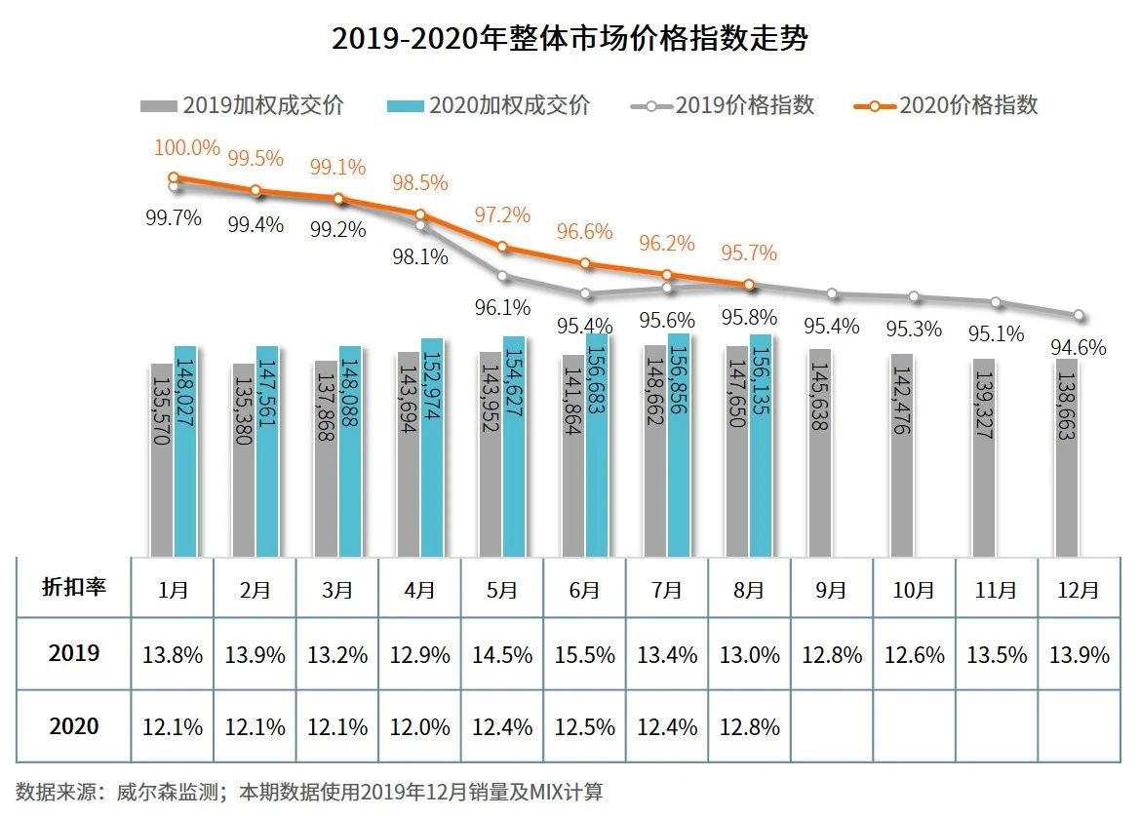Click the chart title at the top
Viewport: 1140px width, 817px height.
click(570, 39)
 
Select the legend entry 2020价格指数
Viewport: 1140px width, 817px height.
click(946, 105)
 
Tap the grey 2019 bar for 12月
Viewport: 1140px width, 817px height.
click(1067, 458)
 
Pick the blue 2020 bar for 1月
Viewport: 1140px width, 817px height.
click(185, 450)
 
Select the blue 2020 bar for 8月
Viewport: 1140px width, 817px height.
click(761, 445)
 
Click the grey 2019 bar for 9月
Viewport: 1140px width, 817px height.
click(820, 452)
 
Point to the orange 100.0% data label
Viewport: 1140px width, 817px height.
click(186, 148)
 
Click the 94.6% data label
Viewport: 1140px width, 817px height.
click(1079, 346)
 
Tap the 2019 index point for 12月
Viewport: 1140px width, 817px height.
click(1079, 315)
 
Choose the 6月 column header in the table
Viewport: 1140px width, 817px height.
click(584, 590)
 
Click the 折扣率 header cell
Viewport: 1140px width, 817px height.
click(73, 587)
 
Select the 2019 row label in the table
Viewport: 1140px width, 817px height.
click(73, 653)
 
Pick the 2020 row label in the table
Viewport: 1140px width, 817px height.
click(73, 726)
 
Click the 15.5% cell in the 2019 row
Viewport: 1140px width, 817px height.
click(584, 655)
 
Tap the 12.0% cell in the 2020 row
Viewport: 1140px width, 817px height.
click(419, 727)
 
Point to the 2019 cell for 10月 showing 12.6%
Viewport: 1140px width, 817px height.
click(913, 655)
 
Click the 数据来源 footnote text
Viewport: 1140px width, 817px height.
click(310, 791)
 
